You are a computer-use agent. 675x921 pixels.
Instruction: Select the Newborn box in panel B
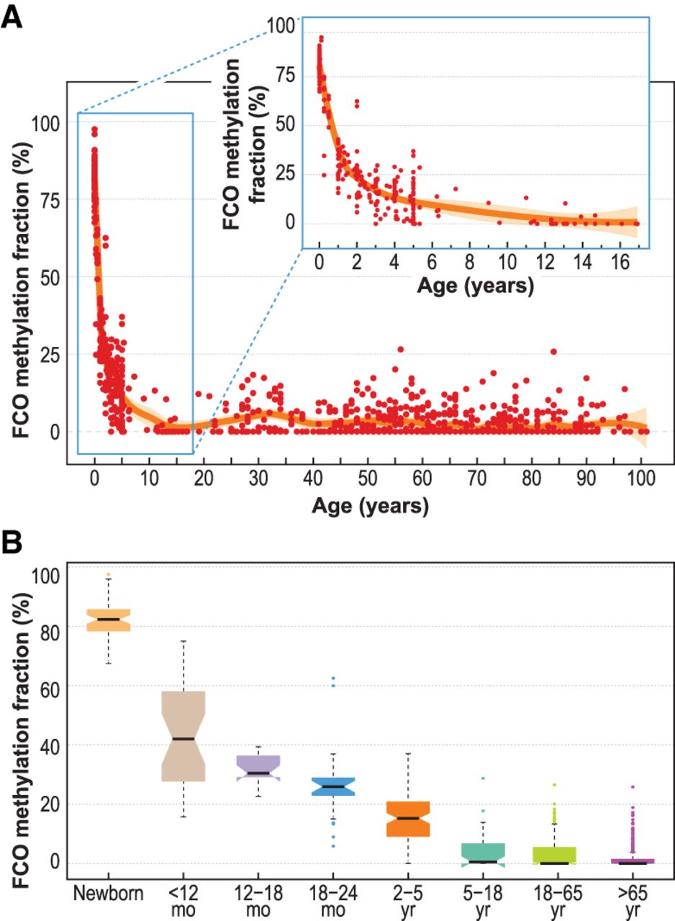pyautogui.click(x=109, y=620)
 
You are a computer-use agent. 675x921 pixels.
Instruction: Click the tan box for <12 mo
pyautogui.click(x=184, y=736)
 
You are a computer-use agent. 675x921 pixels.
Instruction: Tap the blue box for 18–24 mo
pyautogui.click(x=333, y=786)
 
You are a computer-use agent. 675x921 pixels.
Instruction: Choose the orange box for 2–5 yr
pyautogui.click(x=408, y=819)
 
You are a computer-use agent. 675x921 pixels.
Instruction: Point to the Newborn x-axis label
pyautogui.click(x=109, y=894)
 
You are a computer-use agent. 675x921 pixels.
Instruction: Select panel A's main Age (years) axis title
pyautogui.click(x=371, y=506)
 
